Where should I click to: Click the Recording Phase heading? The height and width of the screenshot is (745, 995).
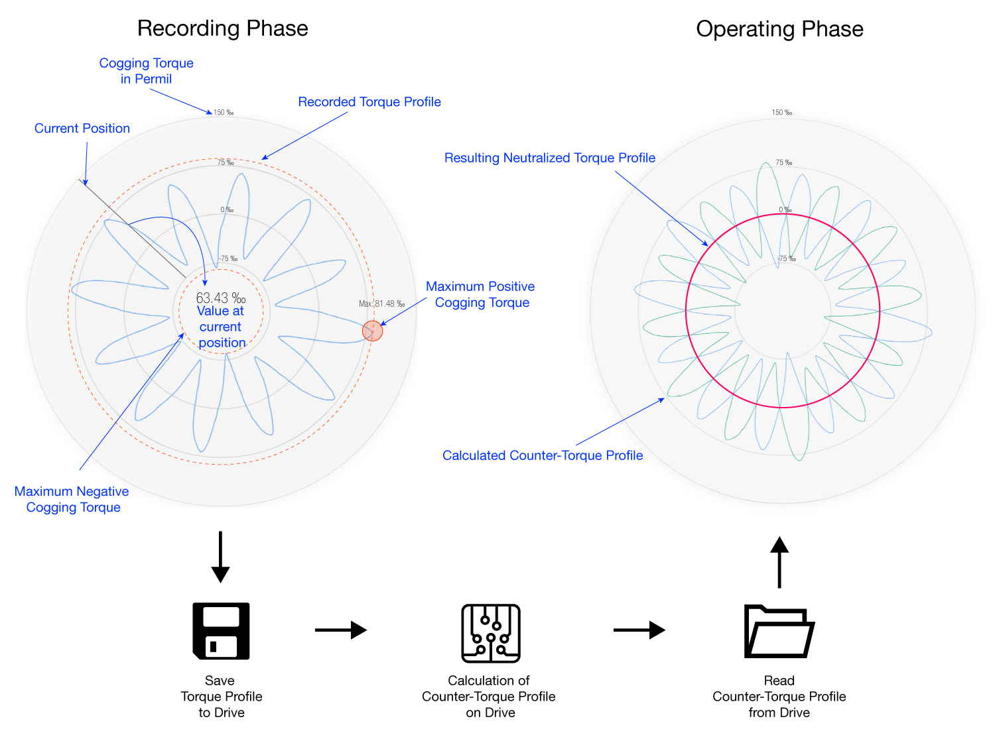(x=222, y=29)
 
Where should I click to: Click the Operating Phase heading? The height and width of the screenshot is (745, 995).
(x=779, y=29)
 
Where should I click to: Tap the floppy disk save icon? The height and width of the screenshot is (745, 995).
(x=221, y=630)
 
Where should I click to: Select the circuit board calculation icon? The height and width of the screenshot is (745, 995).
(x=491, y=633)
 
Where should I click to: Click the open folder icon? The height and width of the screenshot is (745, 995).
(x=779, y=631)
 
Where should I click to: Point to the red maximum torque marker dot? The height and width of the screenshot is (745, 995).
(x=373, y=331)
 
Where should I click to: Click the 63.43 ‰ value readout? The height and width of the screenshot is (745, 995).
(x=221, y=298)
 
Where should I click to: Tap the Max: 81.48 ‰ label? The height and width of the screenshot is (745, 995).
(x=381, y=304)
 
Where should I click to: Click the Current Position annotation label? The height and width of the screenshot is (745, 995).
(x=82, y=129)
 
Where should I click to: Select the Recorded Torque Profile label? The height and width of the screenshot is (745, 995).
(x=369, y=102)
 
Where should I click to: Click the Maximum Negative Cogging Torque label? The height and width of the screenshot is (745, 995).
(x=72, y=499)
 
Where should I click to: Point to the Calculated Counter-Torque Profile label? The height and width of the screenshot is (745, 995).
(x=543, y=455)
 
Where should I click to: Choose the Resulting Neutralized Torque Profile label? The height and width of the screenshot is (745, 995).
(x=550, y=158)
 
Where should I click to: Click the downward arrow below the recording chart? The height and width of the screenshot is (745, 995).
(x=220, y=556)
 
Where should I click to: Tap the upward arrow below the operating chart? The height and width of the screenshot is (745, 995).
(x=779, y=563)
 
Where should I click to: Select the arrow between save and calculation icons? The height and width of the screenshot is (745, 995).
(x=340, y=630)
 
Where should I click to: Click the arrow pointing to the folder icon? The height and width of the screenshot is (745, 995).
(x=639, y=630)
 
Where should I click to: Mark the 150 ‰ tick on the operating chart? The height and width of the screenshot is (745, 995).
(x=781, y=113)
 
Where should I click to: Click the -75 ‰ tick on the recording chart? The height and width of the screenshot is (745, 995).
(x=228, y=258)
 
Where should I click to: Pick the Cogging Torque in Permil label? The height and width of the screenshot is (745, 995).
(x=146, y=71)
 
